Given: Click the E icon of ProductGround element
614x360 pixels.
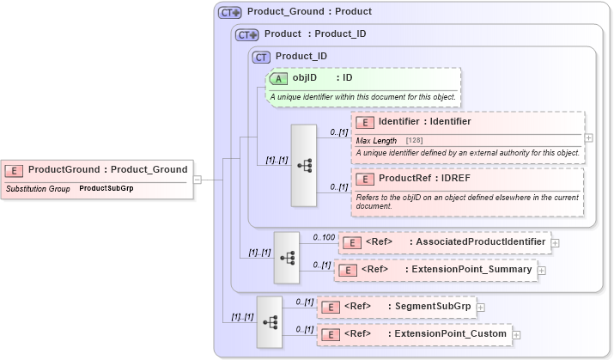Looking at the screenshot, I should (x=15, y=170).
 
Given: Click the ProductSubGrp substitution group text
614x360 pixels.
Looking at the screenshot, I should (x=106, y=187).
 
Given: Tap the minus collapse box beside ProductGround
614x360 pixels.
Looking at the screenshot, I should (x=198, y=180).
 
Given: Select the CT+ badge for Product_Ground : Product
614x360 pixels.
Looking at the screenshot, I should (x=230, y=13).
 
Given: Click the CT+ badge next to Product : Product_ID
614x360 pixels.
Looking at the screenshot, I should (x=247, y=34).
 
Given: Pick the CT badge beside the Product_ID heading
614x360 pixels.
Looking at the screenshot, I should (x=262, y=57).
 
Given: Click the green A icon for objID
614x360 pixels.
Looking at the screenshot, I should (x=279, y=78).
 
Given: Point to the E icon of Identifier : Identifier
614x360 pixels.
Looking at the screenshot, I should (x=365, y=122).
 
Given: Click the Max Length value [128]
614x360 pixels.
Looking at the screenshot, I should (x=414, y=140).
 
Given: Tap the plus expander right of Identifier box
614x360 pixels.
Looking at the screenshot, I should (x=588, y=137).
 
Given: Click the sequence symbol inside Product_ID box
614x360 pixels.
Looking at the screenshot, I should (x=304, y=165).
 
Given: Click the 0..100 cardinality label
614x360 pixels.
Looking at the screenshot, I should (x=324, y=236).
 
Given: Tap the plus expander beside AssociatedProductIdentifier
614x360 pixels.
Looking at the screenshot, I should (x=555, y=242).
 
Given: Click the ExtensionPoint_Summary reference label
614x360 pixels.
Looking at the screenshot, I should (x=469, y=270).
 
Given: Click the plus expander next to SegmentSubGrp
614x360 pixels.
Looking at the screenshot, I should (x=481, y=307).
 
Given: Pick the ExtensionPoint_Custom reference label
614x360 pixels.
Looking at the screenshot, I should (x=453, y=333).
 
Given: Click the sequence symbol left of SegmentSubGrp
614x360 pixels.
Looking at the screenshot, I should (x=269, y=321).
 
